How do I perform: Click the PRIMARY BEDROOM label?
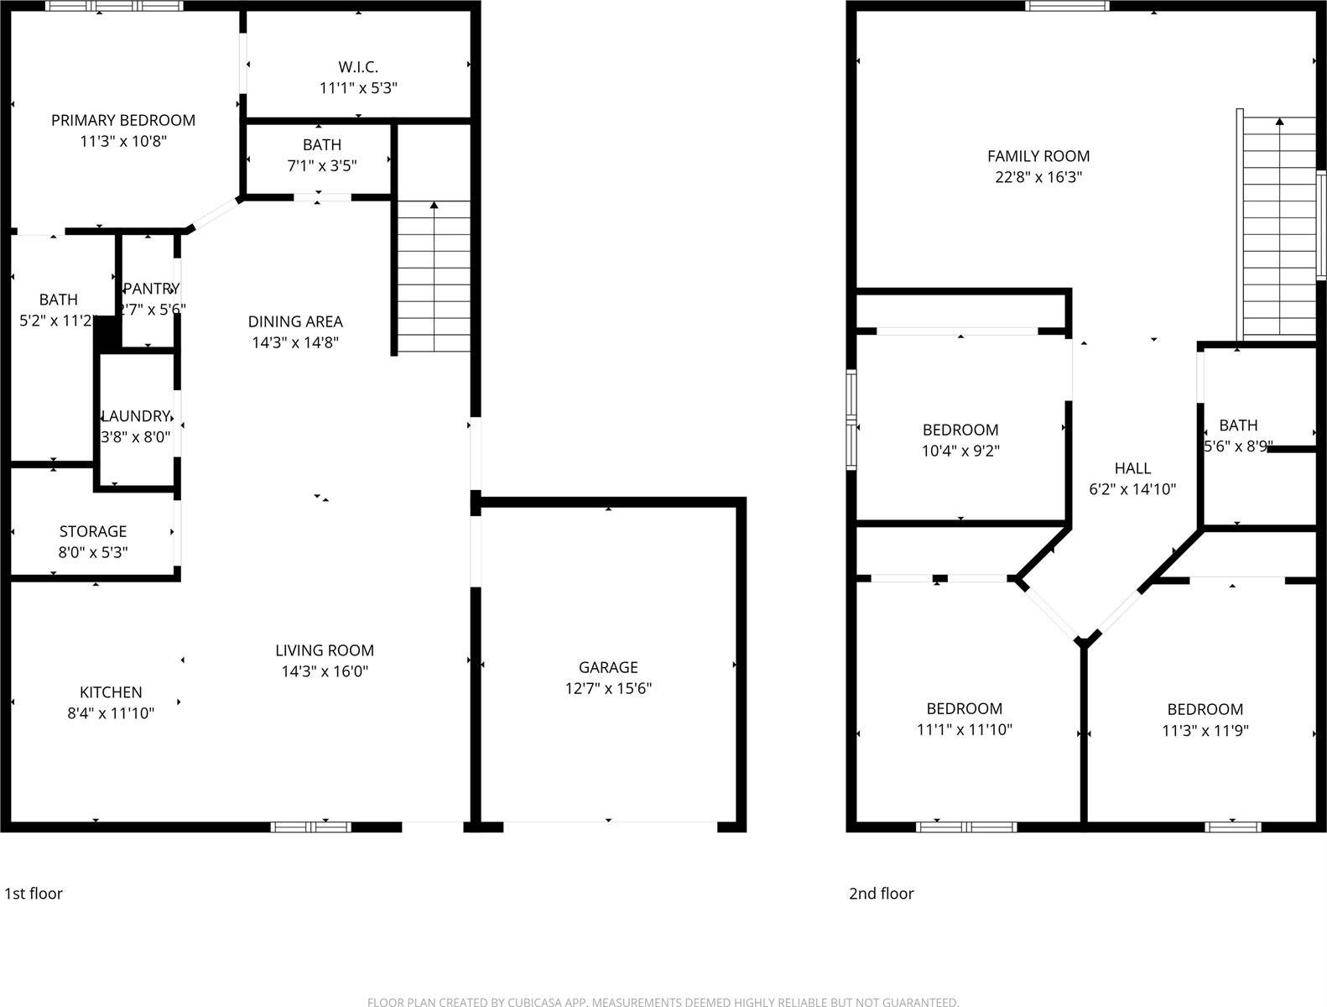[x=123, y=120]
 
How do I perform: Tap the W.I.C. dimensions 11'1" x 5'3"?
[x=358, y=87]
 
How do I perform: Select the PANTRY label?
[x=151, y=289]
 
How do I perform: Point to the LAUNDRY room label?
[x=136, y=416]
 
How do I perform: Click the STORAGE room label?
[x=93, y=531]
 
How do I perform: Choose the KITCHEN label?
[x=111, y=692]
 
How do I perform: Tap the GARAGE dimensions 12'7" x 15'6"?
[x=608, y=688]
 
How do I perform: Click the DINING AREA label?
[x=295, y=321]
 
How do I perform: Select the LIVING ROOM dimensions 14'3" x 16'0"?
[x=325, y=671]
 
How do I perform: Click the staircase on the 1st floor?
[x=433, y=277]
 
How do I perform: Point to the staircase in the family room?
[x=1278, y=227]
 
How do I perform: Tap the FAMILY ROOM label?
[x=1038, y=156]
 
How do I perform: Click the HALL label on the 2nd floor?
[x=1132, y=468]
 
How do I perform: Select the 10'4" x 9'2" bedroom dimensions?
[x=960, y=451]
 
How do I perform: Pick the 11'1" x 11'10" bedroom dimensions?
[x=965, y=730]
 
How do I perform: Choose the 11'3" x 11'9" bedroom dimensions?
[x=1205, y=731]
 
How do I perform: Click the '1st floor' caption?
[x=34, y=894]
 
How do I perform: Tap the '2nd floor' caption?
[x=881, y=894]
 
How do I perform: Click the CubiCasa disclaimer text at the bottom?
[x=663, y=1001]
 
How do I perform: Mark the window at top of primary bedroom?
[x=113, y=6]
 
